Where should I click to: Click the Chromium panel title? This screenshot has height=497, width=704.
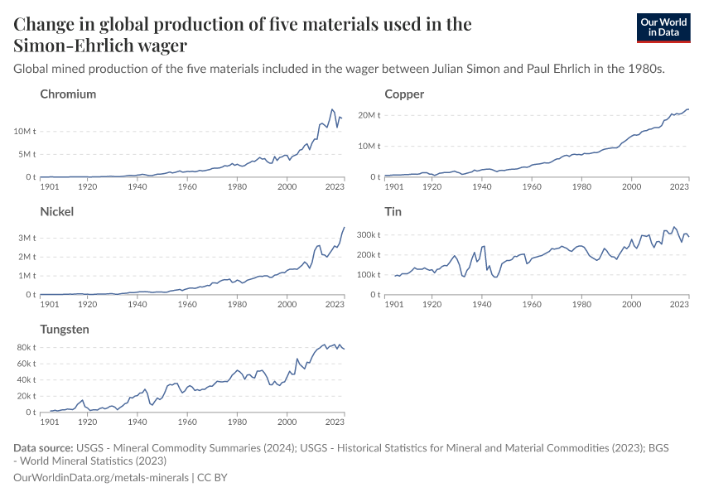[x=68, y=94]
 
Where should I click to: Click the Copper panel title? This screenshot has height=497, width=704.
[x=404, y=94]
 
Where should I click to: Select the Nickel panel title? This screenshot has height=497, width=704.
[x=57, y=212]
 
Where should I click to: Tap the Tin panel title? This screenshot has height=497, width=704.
[x=393, y=212]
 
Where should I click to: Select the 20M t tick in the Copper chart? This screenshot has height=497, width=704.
[x=368, y=115]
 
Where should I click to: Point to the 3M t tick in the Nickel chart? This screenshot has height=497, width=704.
[x=26, y=238]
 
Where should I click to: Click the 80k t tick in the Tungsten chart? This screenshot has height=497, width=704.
[x=25, y=348]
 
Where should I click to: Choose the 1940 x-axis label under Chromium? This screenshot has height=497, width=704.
[x=137, y=187]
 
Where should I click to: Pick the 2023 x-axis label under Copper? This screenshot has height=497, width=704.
[x=679, y=187]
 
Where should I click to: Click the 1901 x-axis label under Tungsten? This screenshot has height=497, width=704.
[x=51, y=422]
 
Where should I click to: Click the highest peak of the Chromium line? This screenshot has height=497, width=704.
[x=332, y=109]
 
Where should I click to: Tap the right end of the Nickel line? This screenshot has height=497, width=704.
[x=345, y=227]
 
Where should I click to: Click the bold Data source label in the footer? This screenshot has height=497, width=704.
[x=42, y=448]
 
